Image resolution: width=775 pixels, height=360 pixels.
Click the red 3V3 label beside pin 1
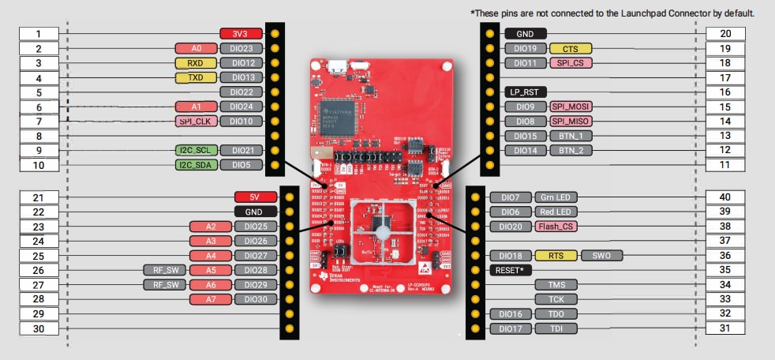coord(240,34)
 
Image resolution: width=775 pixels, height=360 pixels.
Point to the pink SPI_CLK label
coord(196,122)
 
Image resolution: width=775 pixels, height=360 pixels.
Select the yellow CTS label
coord(570,49)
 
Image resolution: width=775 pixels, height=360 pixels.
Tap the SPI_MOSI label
coord(570,107)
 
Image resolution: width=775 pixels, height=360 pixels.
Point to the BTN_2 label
coord(570,151)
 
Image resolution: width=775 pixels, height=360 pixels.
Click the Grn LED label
coord(556,197)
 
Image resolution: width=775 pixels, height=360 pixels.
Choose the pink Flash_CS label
coord(556,227)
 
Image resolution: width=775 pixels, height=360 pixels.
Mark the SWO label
coord(601,256)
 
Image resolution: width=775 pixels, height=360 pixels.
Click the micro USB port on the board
coord(338,66)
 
